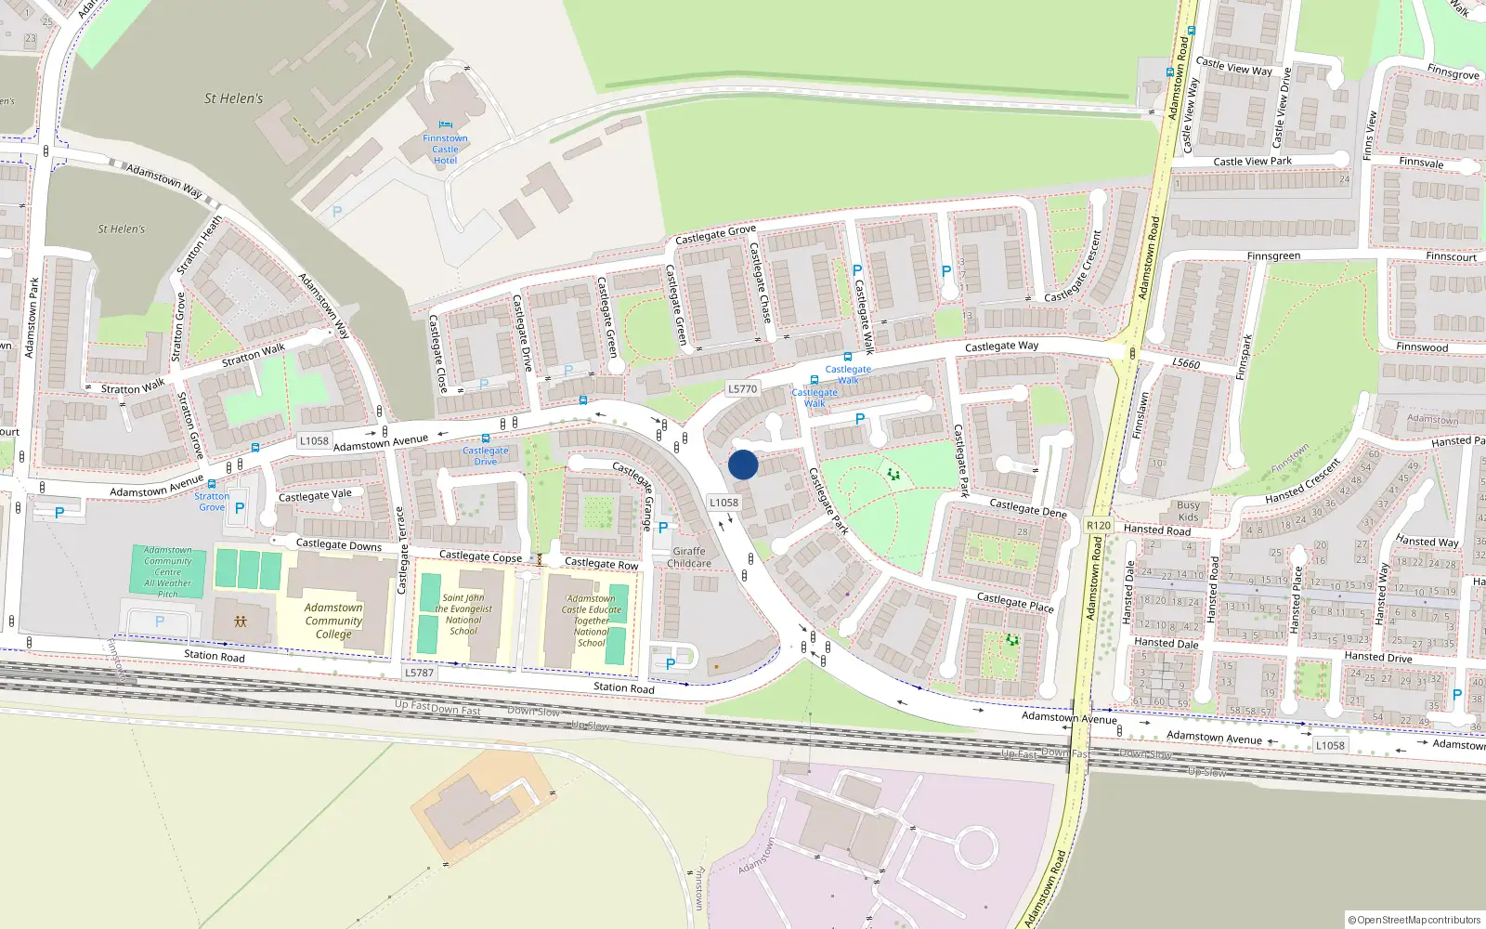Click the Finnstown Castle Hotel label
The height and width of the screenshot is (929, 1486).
pyautogui.click(x=445, y=149)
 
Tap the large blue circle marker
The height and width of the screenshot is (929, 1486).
pyautogui.click(x=743, y=464)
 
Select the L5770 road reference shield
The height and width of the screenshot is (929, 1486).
pyautogui.click(x=743, y=389)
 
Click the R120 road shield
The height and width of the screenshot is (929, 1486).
pyautogui.click(x=1099, y=526)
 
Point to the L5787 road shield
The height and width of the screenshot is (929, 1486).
pyautogui.click(x=420, y=673)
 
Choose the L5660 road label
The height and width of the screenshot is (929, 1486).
pyautogui.click(x=1186, y=363)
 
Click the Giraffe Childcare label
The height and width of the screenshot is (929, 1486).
pyautogui.click(x=689, y=557)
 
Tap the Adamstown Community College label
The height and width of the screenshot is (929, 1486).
pyautogui.click(x=333, y=621)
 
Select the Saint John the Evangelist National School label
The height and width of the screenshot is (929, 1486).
pyautogui.click(x=463, y=615)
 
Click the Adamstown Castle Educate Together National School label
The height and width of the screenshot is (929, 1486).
pyautogui.click(x=592, y=621)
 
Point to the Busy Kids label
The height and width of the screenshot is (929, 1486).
pyautogui.click(x=1188, y=512)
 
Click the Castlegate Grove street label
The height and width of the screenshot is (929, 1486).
pyautogui.click(x=716, y=235)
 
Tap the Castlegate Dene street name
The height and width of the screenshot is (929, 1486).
pyautogui.click(x=1028, y=508)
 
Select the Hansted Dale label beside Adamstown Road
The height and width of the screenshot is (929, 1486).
pyautogui.click(x=1167, y=643)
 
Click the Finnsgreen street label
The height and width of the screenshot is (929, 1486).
pyautogui.click(x=1273, y=256)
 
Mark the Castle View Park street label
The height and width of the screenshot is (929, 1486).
pyautogui.click(x=1252, y=162)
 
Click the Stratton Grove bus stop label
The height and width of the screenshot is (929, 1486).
pyautogui.click(x=212, y=502)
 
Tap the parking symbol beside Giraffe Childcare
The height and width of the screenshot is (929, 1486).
pyautogui.click(x=663, y=528)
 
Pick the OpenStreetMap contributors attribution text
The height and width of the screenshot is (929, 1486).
pyautogui.click(x=1414, y=920)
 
